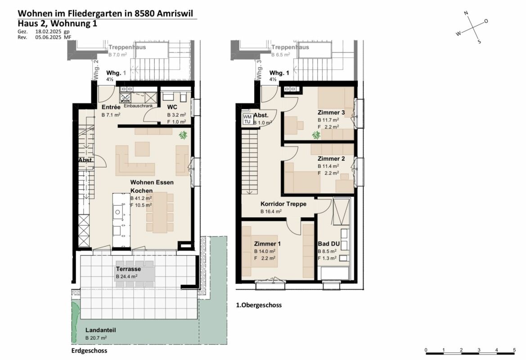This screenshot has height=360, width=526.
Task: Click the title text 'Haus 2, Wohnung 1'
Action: coord(57,24)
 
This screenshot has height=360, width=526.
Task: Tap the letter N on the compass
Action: coord(466,13)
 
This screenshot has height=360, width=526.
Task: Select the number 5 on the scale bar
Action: coord(514,350)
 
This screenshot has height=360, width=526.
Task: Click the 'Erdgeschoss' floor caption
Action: coord(89,351)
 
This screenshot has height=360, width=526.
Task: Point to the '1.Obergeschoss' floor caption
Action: coord(259,305)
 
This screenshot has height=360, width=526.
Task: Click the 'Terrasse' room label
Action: coord(128,269)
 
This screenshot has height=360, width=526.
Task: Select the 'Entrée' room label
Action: coord(111,107)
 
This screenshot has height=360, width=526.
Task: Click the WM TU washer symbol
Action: coord(247,119)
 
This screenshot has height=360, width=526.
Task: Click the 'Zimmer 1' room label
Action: coord(267,243)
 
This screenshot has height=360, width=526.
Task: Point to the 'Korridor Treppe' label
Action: coord(283,204)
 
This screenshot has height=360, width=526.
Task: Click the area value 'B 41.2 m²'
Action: coord(141,198)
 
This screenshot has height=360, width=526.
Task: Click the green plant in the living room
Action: coord(183,135)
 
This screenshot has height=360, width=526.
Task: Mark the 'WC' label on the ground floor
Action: coord(172,107)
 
